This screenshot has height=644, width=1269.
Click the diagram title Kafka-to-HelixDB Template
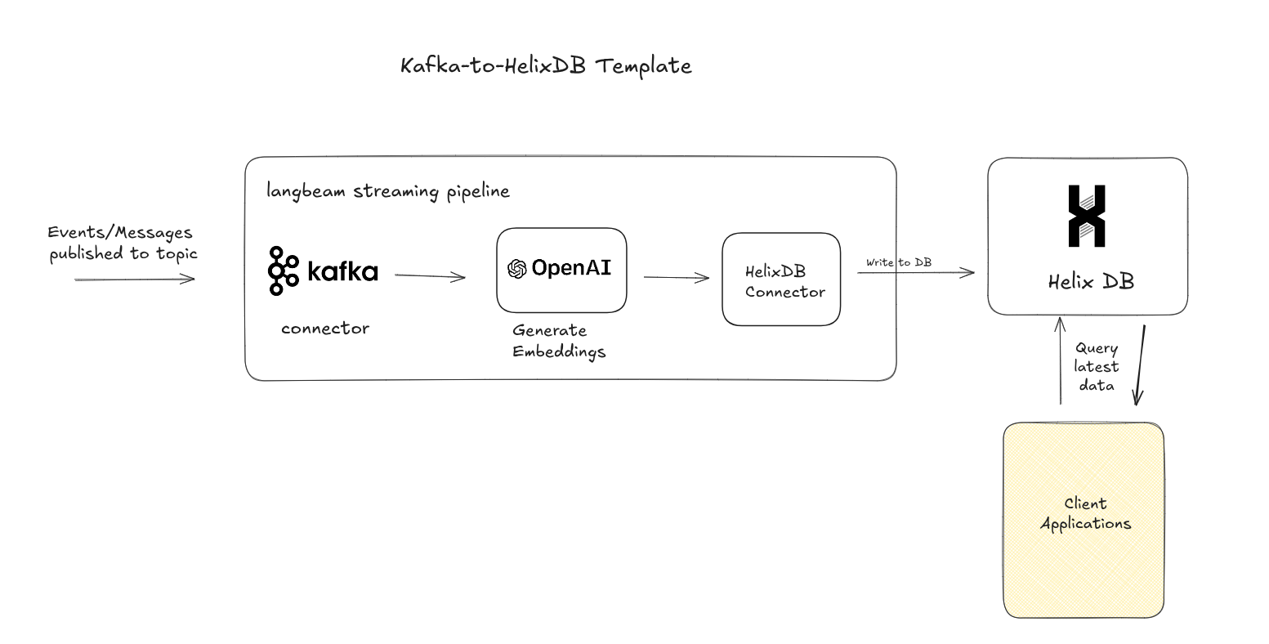546,65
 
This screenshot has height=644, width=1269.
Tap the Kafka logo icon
283,271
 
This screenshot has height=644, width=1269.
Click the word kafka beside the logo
342,271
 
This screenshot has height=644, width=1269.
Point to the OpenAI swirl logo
516,268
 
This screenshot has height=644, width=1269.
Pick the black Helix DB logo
1087,216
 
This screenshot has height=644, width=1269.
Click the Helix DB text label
1091,282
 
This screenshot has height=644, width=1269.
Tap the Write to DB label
899,262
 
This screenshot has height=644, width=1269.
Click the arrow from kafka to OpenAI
430,276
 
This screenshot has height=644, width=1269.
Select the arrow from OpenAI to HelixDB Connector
677,278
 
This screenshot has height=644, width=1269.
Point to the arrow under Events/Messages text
135,280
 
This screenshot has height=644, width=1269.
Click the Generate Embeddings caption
559,341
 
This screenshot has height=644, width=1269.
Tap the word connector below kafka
325,329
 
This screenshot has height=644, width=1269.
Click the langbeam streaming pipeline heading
388,191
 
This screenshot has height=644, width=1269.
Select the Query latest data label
1096,366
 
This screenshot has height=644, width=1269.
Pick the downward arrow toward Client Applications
1140,364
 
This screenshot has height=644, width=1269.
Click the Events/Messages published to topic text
123,243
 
